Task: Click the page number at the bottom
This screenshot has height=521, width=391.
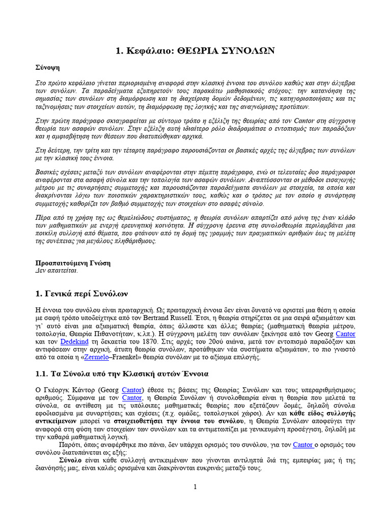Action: pyautogui.click(x=195, y=487)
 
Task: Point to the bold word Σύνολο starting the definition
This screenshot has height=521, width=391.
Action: pyautogui.click(x=70, y=460)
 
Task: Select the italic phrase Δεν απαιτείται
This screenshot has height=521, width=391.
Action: pyautogui.click(x=57, y=271)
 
